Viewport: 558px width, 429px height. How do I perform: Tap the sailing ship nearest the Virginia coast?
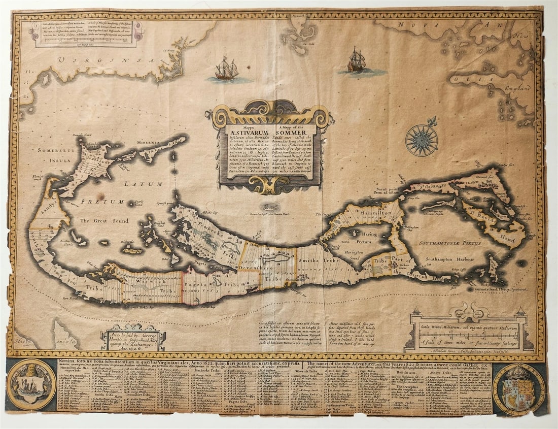(226, 69)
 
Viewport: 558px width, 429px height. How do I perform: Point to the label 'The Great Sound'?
(104, 221)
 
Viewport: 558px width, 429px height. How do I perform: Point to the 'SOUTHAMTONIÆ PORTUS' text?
(448, 243)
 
